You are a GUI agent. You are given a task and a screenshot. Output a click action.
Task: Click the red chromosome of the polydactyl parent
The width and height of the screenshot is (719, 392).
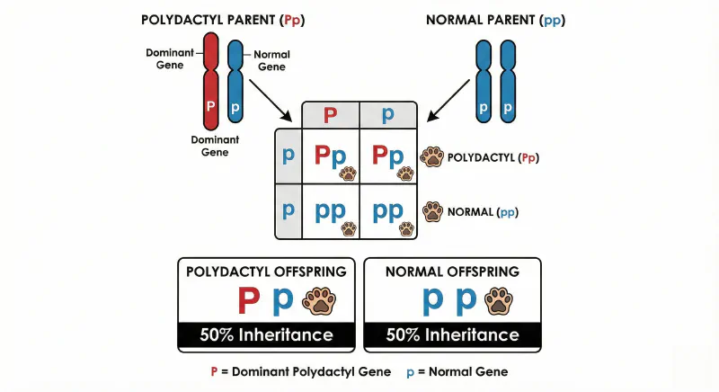click(x=210, y=81)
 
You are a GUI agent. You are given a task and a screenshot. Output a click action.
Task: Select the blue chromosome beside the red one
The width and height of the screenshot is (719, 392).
click(x=235, y=81)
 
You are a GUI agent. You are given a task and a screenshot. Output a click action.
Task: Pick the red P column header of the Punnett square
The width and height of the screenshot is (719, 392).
click(x=330, y=115)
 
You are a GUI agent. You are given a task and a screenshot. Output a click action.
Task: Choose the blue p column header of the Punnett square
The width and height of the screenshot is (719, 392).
click(x=387, y=115)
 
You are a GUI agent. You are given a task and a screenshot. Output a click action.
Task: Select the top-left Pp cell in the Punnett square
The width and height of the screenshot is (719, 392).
click(x=330, y=157)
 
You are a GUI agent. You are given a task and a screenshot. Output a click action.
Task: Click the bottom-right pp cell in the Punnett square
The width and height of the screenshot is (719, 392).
click(x=388, y=213)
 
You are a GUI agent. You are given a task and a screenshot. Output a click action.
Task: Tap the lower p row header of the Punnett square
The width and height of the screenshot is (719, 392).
click(x=288, y=211)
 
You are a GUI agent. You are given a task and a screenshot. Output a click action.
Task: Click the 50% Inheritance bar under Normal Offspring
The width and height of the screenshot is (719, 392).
click(x=452, y=334)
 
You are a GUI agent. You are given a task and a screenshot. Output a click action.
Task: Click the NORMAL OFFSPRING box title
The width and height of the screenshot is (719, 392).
click(x=452, y=271)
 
